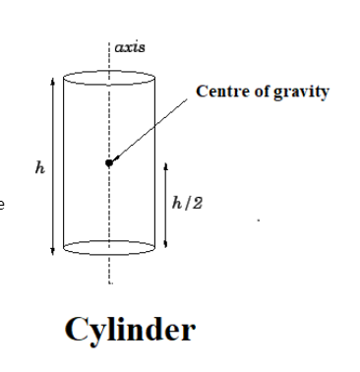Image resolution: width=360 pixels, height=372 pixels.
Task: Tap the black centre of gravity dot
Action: (109, 162)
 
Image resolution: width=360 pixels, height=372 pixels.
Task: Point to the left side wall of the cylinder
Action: (64, 162)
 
